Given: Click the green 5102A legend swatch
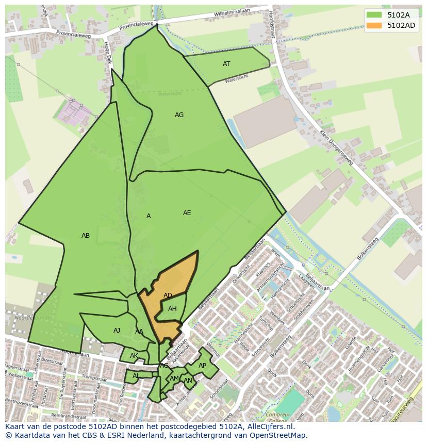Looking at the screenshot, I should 374,15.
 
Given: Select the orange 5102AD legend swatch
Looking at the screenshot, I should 374,25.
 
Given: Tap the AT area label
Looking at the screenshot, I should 226,64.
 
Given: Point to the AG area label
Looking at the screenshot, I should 179,115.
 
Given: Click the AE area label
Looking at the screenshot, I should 187,213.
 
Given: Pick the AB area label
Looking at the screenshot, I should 86,236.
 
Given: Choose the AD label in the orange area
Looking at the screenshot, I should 168,295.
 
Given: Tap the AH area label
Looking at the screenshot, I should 172,309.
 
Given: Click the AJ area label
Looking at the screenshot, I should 117,331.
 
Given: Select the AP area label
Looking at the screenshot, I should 202,366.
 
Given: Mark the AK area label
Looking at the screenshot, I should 134,356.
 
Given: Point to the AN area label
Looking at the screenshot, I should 188,381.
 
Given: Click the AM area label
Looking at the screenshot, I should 174,379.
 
